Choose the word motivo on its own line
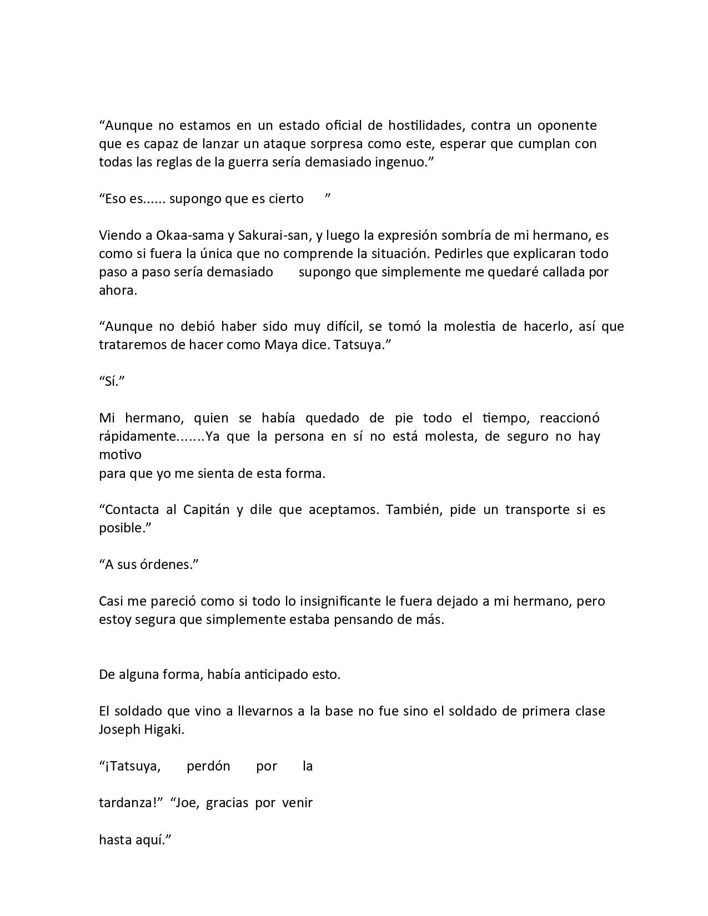(120, 455)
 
